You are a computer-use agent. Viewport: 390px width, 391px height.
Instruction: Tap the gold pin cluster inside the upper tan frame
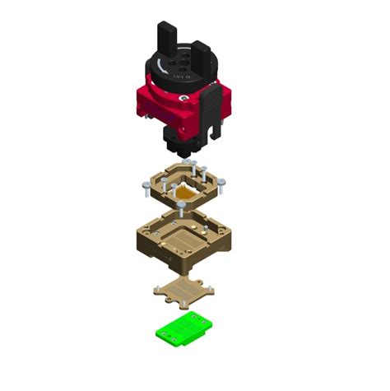click(184, 193)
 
